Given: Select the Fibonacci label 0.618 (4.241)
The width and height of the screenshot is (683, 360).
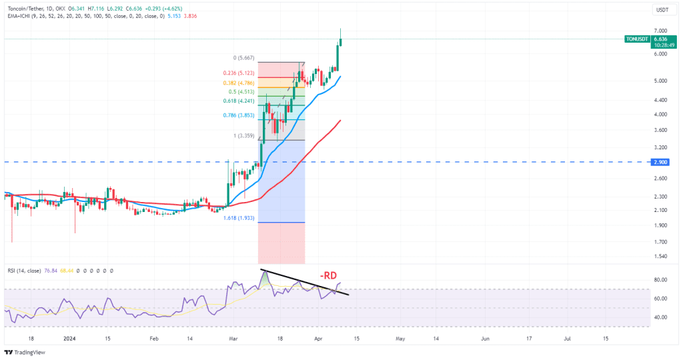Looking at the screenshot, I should [x=238, y=101].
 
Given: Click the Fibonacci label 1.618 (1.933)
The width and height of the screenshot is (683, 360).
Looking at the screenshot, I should [x=238, y=217].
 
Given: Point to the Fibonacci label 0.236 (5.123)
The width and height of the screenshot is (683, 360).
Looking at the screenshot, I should [x=238, y=73].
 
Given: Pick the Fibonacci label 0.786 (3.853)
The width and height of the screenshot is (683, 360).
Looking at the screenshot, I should [x=238, y=115].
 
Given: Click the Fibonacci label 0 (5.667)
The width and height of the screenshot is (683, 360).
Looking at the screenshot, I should [x=243, y=57].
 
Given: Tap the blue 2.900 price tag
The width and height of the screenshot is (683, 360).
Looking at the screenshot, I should [x=660, y=162].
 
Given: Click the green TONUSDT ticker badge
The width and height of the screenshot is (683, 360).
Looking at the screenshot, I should [x=637, y=39].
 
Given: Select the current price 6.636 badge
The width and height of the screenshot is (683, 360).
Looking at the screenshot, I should [x=661, y=39].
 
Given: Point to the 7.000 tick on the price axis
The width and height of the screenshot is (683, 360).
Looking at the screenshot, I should [x=660, y=31].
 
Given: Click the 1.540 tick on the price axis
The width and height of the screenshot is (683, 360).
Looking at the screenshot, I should [x=660, y=257].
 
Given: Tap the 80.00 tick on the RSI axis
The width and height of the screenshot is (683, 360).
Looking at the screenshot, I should [x=660, y=280].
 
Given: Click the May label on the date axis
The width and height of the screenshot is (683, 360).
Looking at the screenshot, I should [x=400, y=339].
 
